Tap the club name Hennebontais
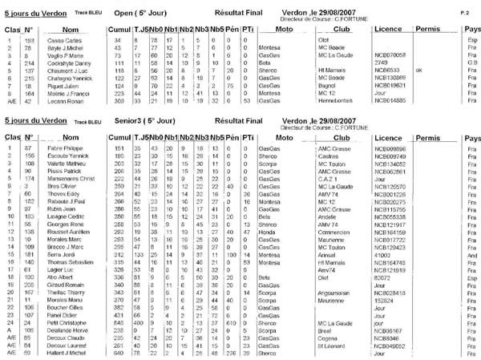click(335, 103)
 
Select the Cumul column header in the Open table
click(119, 28)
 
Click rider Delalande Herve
click(72, 330)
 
